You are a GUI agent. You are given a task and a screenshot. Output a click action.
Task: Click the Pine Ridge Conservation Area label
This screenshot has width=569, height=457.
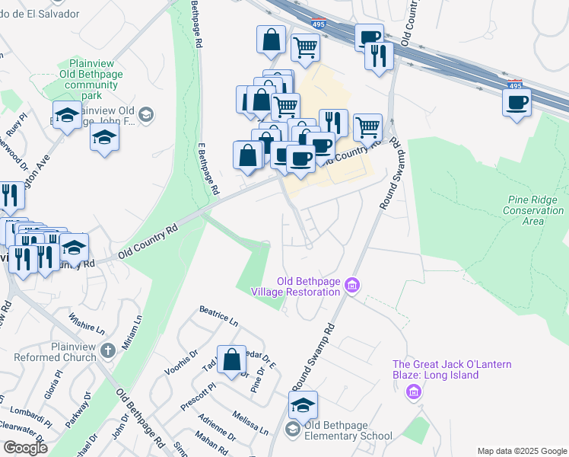pos(535,209)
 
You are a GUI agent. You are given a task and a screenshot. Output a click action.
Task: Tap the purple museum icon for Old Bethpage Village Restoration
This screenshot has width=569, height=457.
pos(351,286)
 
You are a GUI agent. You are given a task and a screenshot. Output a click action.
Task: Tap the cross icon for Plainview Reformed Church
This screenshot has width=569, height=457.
pos(108,351)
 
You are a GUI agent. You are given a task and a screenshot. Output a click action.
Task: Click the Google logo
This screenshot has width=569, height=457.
pos(25,448)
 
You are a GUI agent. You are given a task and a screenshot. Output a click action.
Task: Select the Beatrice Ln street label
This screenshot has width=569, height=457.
pos(219,316)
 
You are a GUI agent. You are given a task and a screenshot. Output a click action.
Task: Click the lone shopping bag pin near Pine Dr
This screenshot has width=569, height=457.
pos(231,360)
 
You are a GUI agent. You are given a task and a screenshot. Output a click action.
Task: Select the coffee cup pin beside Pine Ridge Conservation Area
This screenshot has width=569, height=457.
pos(517,102)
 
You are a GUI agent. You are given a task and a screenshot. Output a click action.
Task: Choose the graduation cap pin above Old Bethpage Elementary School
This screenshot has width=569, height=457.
pos(303,406)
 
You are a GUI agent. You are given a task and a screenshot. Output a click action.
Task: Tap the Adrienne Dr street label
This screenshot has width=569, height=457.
pos(217,429)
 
